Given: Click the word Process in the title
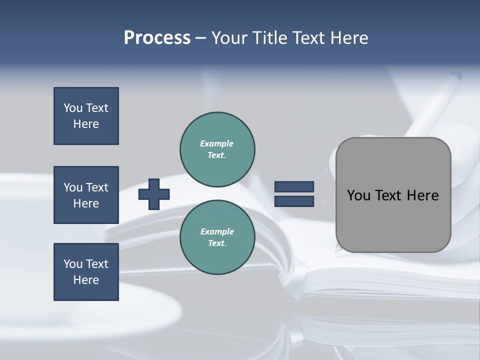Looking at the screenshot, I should tap(157, 38).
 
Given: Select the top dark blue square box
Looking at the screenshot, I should tap(86, 116).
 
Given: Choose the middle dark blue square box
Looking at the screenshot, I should tap(86, 195).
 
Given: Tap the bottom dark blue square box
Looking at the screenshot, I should tap(86, 272).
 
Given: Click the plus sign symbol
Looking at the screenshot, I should tap(154, 194).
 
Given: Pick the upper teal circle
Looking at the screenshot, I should tap(217, 149).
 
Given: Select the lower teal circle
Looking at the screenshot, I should tap(217, 237).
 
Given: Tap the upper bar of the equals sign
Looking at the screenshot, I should tap(294, 187).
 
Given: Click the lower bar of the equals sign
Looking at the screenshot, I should tap(294, 201).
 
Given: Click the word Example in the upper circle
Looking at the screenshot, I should tap(216, 143).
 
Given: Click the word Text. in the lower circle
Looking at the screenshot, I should tap(217, 243).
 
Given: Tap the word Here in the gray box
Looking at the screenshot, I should tap(422, 195).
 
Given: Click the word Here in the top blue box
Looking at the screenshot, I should tap(86, 124).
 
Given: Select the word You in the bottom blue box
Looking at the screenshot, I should tap(73, 264).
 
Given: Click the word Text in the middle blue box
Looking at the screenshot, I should tap(96, 187).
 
